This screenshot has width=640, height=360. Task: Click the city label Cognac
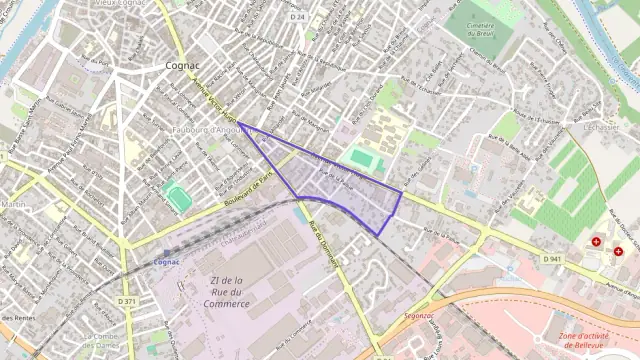point(181,65)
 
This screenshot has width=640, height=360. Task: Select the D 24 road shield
point(297,17)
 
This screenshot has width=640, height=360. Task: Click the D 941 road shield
point(552,259)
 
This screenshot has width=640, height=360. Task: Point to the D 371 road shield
point(126,301)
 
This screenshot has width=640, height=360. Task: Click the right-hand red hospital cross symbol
point(618,252)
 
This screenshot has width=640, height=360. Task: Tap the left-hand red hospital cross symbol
point(597,242)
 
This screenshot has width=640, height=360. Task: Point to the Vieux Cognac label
point(119,4)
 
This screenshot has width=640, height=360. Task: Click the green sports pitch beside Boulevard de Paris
point(179,197)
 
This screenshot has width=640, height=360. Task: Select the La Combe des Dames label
point(105,342)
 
